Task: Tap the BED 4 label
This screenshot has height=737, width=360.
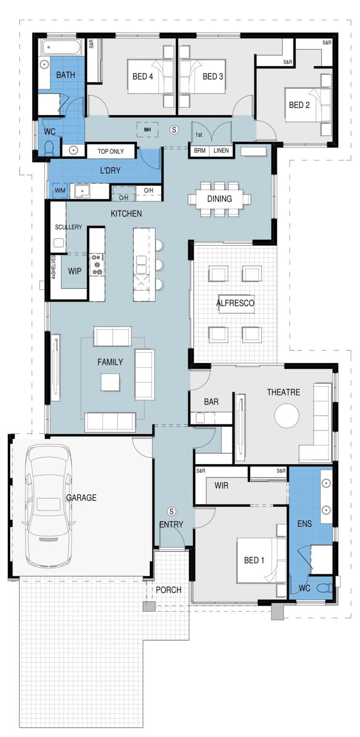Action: (x=143, y=77)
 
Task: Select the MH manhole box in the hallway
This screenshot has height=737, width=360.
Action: (x=147, y=130)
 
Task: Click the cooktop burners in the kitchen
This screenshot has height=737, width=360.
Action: (x=97, y=264)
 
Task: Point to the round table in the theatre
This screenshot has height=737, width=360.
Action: (x=287, y=415)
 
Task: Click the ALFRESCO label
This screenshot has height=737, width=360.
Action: (x=235, y=303)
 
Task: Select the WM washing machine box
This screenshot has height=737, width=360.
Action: (x=60, y=190)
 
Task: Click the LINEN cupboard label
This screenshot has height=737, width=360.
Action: (x=221, y=150)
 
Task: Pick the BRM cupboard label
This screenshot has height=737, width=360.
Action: (x=200, y=150)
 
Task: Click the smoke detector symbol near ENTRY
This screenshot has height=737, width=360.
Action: (x=171, y=511)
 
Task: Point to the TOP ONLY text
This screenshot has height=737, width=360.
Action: (x=110, y=151)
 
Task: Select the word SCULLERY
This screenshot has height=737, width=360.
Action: (x=69, y=227)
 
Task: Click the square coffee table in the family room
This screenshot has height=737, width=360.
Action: (x=110, y=381)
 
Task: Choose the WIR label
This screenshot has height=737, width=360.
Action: (x=221, y=485)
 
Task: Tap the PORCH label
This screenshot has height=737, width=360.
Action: (x=168, y=590)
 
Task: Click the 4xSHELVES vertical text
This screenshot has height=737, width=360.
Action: (x=53, y=267)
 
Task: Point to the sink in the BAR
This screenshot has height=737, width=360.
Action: (x=201, y=418)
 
